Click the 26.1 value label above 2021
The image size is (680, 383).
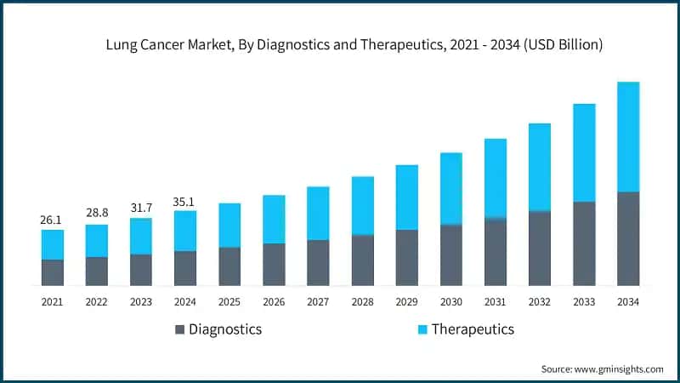click(52, 220)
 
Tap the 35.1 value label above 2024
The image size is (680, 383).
click(185, 202)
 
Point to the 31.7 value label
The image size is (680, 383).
click(141, 209)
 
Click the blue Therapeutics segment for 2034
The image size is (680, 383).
click(628, 136)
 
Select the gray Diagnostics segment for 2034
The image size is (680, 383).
click(628, 238)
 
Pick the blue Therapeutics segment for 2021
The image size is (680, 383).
click(53, 244)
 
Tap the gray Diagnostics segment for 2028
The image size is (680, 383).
click(363, 260)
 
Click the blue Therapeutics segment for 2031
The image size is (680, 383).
click(496, 177)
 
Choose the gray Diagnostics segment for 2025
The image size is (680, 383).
click(229, 266)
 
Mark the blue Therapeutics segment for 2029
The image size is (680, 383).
click(407, 197)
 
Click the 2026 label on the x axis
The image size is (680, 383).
click(274, 301)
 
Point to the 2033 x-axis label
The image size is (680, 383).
click(584, 301)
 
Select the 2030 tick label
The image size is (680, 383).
click(451, 301)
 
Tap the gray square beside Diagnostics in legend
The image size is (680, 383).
click(179, 329)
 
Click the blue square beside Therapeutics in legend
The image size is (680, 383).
click(422, 329)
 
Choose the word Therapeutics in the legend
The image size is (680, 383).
click(473, 329)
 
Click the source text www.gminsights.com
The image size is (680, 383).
click(620, 369)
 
